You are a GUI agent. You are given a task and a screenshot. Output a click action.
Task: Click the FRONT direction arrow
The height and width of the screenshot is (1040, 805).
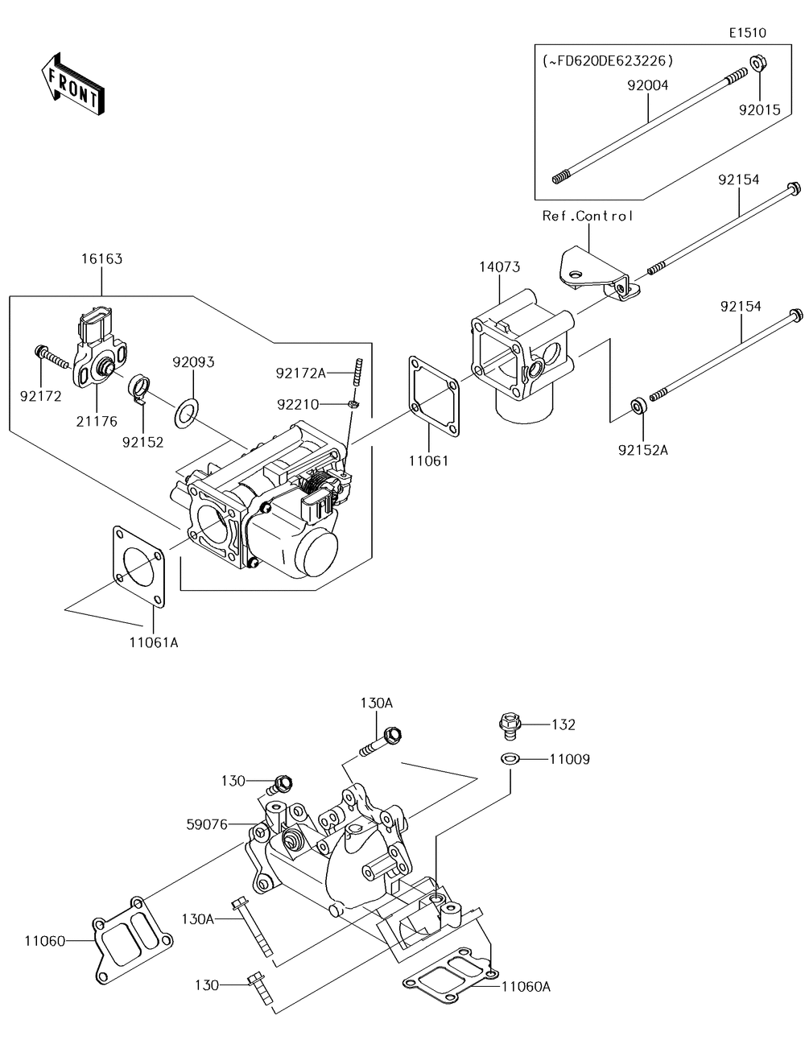click(72, 85)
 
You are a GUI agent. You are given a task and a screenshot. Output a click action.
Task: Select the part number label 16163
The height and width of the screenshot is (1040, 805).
click(101, 259)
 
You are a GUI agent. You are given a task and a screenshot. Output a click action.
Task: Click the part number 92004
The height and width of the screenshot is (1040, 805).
click(647, 85)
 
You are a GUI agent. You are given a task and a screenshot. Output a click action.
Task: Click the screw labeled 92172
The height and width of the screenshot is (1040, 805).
click(52, 357)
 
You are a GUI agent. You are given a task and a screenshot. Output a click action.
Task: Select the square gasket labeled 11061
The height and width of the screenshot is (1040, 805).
click(434, 396)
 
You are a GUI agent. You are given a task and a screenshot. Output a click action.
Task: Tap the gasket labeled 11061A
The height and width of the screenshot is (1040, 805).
click(139, 567)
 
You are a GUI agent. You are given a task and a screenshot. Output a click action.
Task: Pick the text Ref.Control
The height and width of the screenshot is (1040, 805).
click(588, 217)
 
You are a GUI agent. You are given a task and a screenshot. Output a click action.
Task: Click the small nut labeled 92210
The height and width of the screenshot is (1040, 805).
click(353, 404)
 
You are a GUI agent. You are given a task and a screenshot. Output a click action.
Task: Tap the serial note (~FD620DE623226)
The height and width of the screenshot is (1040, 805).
click(607, 61)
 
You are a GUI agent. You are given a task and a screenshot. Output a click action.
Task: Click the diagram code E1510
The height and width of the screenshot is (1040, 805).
click(748, 32)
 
